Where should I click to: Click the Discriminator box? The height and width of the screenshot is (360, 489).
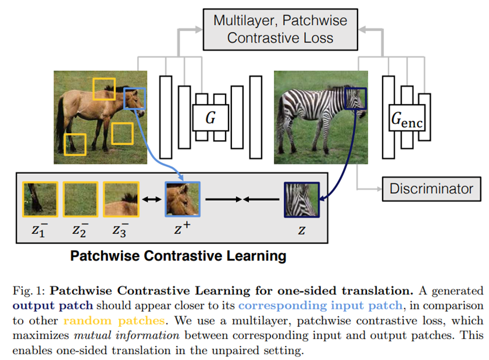(431, 189)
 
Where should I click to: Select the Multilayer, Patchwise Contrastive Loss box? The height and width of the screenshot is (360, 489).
(280, 29)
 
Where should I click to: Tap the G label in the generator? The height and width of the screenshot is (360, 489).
(210, 118)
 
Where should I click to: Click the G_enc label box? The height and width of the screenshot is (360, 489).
(407, 120)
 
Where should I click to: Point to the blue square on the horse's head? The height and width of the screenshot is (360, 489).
(134, 99)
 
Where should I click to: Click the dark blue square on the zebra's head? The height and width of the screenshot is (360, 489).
(355, 98)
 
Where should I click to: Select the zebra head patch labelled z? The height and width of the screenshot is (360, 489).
(302, 199)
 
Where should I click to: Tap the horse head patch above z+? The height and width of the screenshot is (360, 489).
(183, 199)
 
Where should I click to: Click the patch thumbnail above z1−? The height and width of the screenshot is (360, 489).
(40, 199)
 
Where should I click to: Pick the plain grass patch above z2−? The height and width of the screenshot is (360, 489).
(81, 199)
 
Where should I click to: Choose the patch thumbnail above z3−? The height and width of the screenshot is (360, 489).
(121, 199)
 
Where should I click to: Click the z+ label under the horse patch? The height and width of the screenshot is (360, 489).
(183, 230)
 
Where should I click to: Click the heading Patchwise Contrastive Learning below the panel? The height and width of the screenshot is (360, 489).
(178, 256)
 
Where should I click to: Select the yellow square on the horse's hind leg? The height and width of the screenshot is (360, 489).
(75, 144)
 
